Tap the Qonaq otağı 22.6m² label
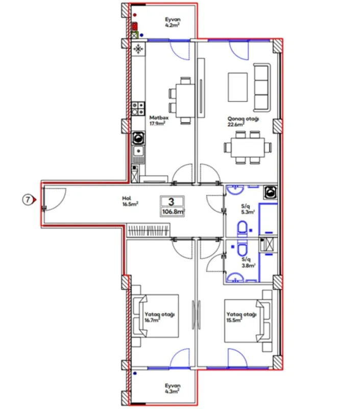click(243, 121)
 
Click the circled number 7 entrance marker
click(29, 200)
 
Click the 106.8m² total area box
click(173, 211)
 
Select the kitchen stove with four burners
click(137, 108)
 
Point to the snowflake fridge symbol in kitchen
click(138, 49)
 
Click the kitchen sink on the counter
click(137, 151)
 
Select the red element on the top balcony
click(135, 26)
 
